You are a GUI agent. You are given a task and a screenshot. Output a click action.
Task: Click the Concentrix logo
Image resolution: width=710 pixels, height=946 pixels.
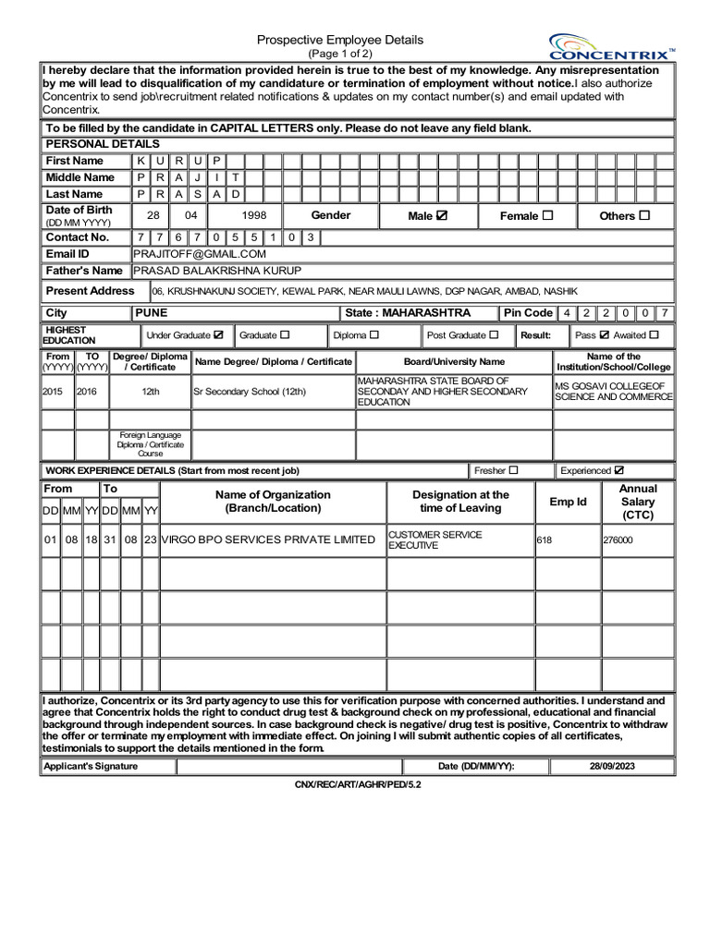pyautogui.click(x=611, y=46)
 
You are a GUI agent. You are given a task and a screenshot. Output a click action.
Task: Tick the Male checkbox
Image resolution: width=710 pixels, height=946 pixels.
pyautogui.click(x=442, y=215)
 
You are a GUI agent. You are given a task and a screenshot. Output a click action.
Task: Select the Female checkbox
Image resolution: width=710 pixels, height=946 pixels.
pyautogui.click(x=547, y=215)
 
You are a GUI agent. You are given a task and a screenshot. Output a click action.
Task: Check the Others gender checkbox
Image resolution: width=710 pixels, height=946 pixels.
pyautogui.click(x=644, y=215)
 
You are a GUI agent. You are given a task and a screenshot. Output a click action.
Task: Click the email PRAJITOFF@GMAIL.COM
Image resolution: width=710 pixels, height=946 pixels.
pyautogui.click(x=200, y=254)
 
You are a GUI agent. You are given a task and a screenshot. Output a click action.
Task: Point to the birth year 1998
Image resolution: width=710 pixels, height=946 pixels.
pyautogui.click(x=254, y=215)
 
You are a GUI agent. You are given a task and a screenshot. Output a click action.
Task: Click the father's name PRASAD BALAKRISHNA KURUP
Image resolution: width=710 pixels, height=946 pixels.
pyautogui.click(x=220, y=271)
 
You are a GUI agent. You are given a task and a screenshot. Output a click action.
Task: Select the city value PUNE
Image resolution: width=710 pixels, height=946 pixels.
pyautogui.click(x=152, y=313)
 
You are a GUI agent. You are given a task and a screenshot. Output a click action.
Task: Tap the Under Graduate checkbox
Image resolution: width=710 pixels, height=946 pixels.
pyautogui.click(x=219, y=334)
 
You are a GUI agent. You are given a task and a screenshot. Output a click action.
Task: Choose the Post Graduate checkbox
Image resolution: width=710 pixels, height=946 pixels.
pyautogui.click(x=494, y=334)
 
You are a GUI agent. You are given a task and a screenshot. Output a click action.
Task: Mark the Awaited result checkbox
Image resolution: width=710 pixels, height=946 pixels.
pyautogui.click(x=655, y=334)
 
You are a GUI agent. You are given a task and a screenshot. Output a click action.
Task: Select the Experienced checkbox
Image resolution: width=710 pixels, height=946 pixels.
pyautogui.click(x=619, y=470)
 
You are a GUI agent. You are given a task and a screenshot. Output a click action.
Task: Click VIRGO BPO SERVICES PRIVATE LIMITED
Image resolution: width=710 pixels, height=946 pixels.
pyautogui.click(x=268, y=540)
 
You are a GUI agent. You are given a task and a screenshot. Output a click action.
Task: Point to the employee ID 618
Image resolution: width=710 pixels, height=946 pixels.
pyautogui.click(x=545, y=540)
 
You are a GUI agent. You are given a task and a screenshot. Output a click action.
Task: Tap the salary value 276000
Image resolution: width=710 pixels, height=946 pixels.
pyautogui.click(x=618, y=540)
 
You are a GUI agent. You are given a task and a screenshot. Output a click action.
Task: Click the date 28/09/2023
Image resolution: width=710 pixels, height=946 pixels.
pyautogui.click(x=612, y=767)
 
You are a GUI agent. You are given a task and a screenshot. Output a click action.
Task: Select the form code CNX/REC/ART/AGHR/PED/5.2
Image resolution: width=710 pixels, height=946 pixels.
pyautogui.click(x=357, y=784)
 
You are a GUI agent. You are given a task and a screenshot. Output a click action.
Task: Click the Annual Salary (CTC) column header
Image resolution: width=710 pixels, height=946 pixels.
pyautogui.click(x=638, y=502)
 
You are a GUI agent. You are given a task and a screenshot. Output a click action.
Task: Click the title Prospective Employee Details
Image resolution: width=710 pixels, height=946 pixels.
pyautogui.click(x=339, y=40)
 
